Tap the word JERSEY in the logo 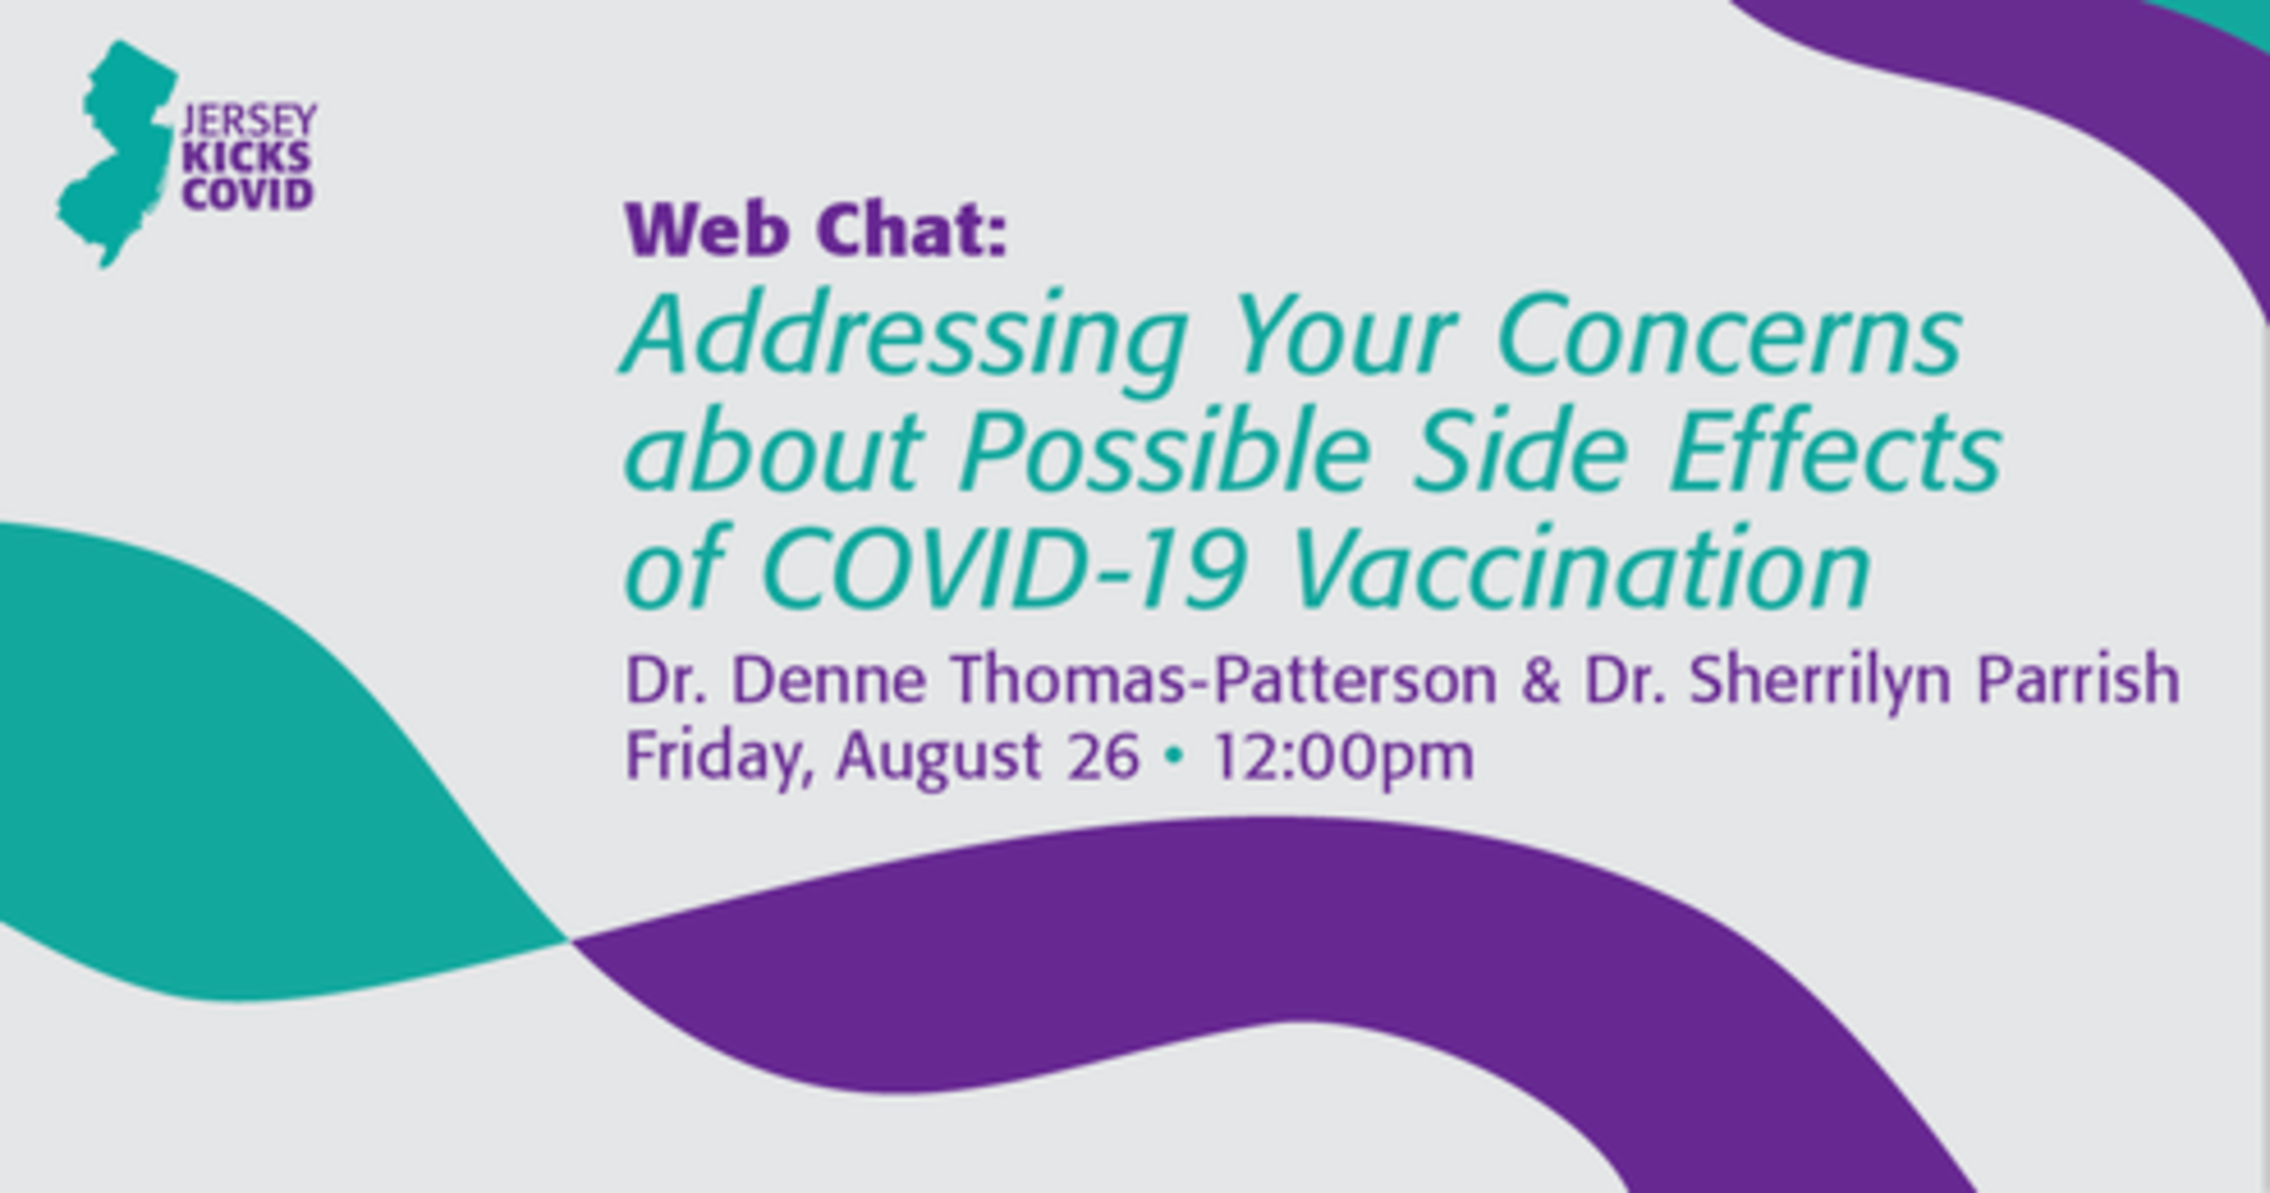[x=248, y=121]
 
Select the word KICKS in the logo [x=246, y=158]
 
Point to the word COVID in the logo [x=247, y=194]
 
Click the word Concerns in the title [x=1729, y=336]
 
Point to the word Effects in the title [x=1835, y=453]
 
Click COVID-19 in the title [x=1002, y=569]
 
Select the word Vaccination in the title [x=1581, y=570]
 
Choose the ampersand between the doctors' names [x=1540, y=681]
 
